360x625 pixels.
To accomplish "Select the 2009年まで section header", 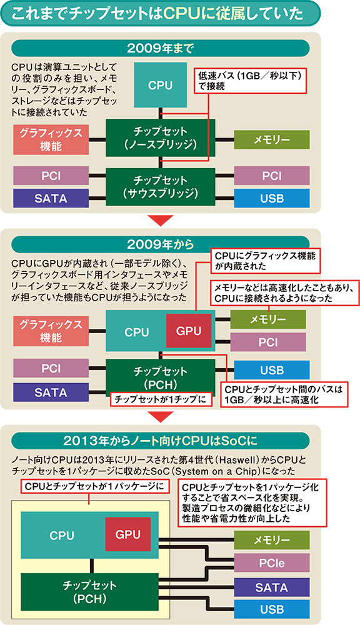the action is pos(160,48).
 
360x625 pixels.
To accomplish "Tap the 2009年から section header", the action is pos(160,244).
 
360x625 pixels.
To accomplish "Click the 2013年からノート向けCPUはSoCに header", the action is pos(160,441).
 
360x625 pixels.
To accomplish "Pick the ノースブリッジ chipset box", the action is pos(160,137).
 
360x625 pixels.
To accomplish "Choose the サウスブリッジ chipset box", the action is pos(160,187).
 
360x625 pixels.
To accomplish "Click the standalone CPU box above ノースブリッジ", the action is pos(160,85).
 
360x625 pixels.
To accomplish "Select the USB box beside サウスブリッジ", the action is pos(272,198).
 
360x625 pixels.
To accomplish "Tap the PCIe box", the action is pos(272,563).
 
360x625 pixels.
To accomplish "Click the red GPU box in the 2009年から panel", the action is pos(189,331).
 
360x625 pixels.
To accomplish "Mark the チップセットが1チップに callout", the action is pos(161,399).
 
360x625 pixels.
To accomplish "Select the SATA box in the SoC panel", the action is pos(272,587).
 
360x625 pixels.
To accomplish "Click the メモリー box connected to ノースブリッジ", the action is pos(272,139).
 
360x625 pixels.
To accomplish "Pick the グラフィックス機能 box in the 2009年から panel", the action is pos(51,331).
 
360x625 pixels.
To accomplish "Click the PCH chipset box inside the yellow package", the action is pos(89,592).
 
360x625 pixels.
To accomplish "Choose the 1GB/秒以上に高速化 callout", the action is pos(284,394).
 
